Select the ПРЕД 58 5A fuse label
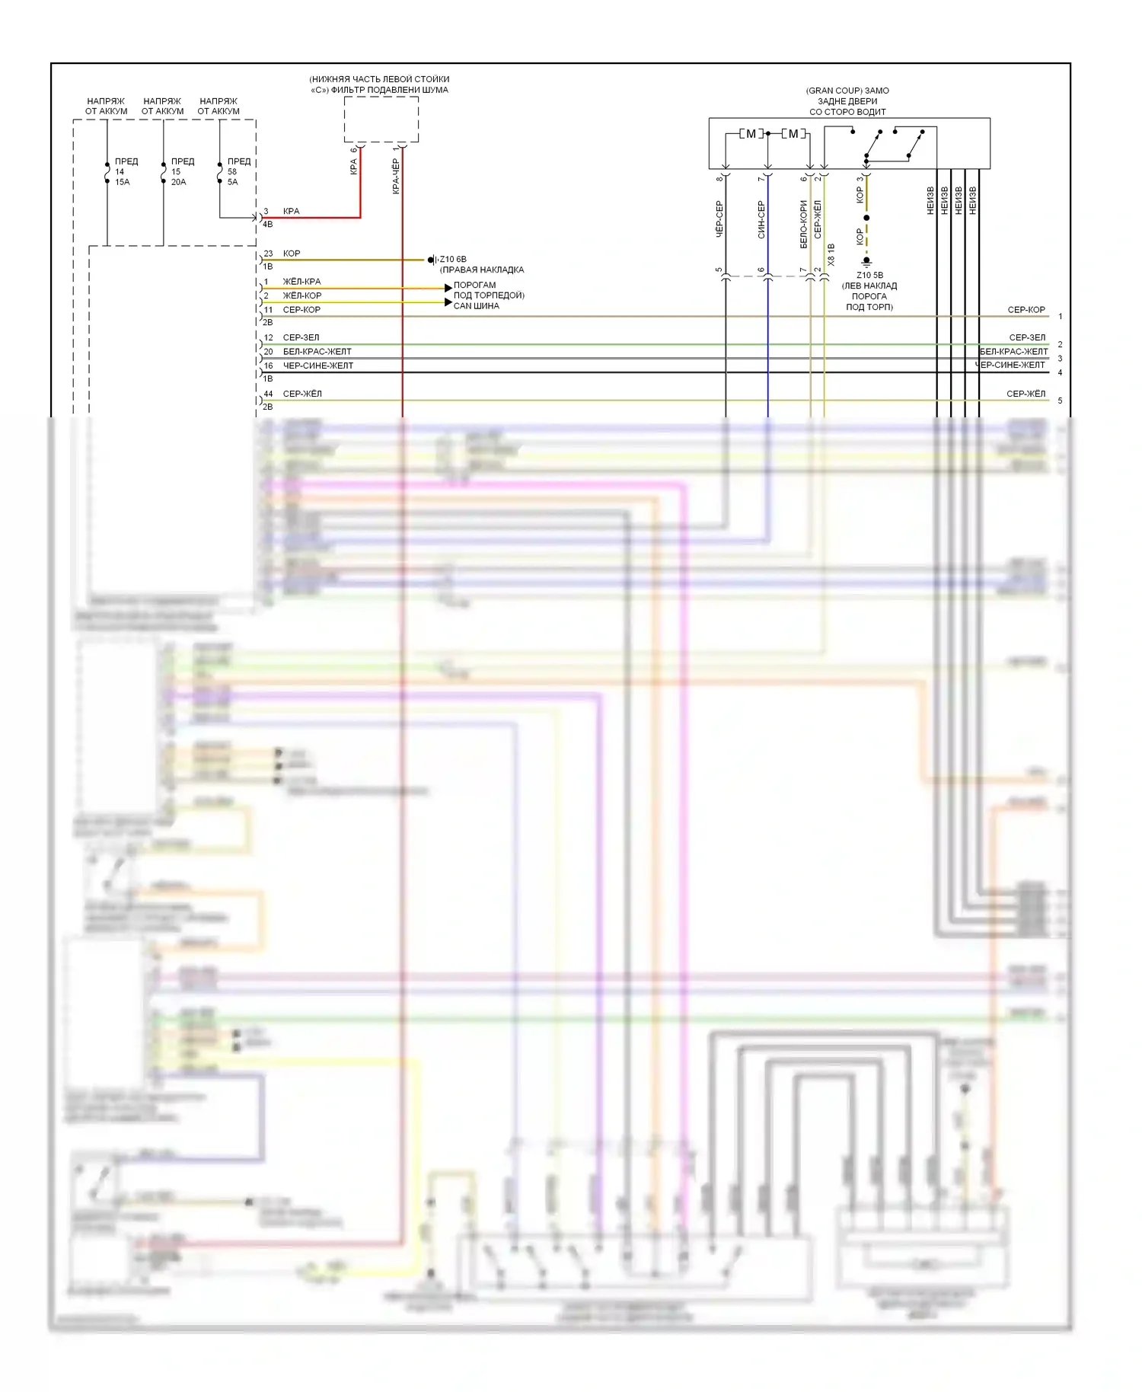pyautogui.click(x=238, y=171)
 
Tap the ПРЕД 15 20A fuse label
pyautogui.click(x=181, y=171)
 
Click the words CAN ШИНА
pyautogui.click(x=476, y=306)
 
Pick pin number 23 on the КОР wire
pyautogui.click(x=268, y=254)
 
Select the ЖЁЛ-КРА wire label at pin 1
pyautogui.click(x=301, y=282)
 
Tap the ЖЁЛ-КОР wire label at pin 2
pyautogui.click(x=301, y=295)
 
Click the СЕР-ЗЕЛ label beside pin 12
pyautogui.click(x=301, y=337)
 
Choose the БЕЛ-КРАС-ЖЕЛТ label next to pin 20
pyautogui.click(x=317, y=352)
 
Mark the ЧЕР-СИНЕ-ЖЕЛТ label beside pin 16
pyautogui.click(x=317, y=366)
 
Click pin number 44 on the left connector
pyautogui.click(x=268, y=394)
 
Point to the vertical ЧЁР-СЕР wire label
pyautogui.click(x=719, y=219)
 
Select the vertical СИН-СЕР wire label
pyautogui.click(x=761, y=219)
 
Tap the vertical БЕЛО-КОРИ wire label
pyautogui.click(x=803, y=224)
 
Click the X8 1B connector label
pyautogui.click(x=831, y=254)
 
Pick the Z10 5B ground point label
pyautogui.click(x=869, y=276)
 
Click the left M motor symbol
pyautogui.click(x=751, y=134)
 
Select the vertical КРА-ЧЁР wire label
pyautogui.click(x=396, y=176)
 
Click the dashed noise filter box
pyautogui.click(x=381, y=119)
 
